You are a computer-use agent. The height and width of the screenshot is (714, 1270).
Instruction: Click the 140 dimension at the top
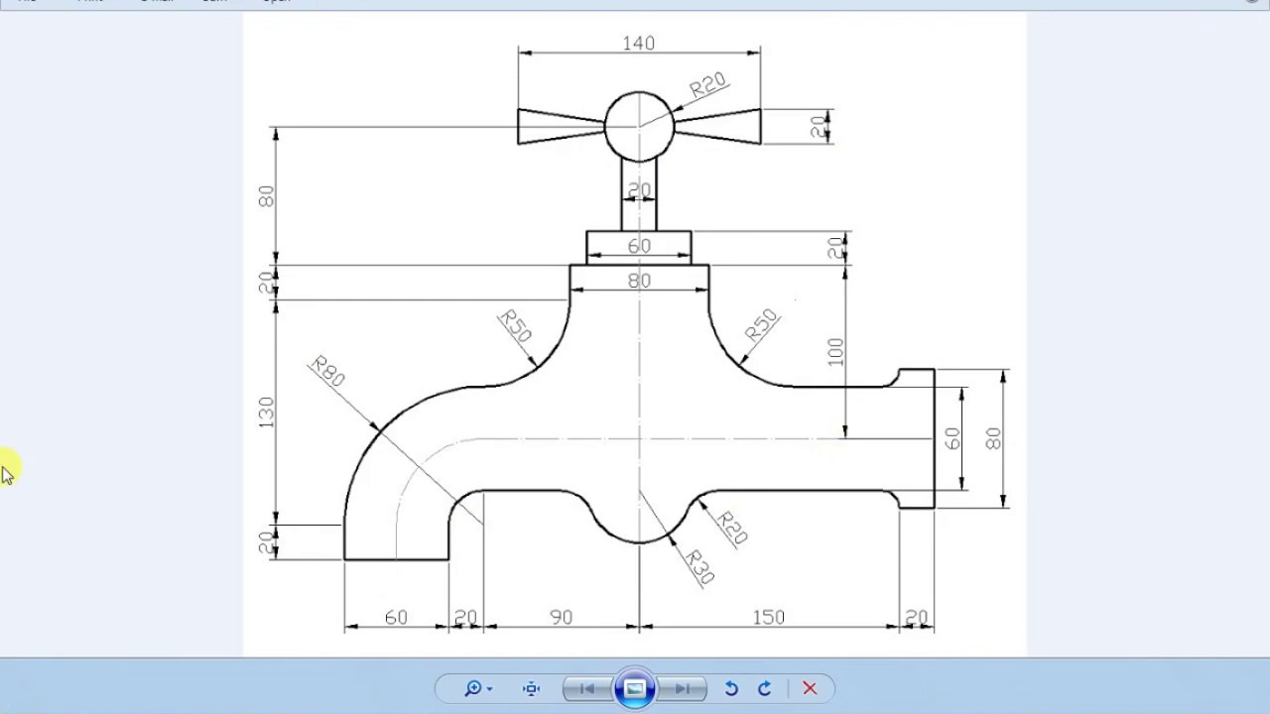[639, 43]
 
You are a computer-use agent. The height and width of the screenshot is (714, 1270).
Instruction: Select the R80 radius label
[327, 371]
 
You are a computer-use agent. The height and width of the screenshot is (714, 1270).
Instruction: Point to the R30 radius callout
[699, 566]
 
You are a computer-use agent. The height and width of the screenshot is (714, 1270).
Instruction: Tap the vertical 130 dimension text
[266, 413]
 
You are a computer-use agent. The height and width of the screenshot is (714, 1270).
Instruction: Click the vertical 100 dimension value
[835, 352]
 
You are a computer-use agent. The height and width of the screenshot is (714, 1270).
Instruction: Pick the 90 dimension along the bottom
[561, 617]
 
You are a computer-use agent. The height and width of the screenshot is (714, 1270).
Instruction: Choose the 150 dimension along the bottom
[768, 617]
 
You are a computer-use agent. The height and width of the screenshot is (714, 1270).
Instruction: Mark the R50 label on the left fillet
[516, 325]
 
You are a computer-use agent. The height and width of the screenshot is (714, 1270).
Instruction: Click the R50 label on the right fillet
[762, 326]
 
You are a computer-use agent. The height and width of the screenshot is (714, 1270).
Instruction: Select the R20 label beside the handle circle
[708, 85]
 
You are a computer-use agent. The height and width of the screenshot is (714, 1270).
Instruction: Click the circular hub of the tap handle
[639, 126]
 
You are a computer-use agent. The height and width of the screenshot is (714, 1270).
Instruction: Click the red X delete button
[810, 688]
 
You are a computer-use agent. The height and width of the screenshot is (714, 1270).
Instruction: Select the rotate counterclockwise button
[731, 688]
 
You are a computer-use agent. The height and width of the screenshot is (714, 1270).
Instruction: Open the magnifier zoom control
[477, 688]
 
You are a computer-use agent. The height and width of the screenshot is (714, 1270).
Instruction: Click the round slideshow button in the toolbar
[635, 688]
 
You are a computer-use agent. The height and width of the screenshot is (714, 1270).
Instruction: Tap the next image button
[684, 688]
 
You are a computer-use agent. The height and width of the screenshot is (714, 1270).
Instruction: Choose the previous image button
[586, 688]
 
